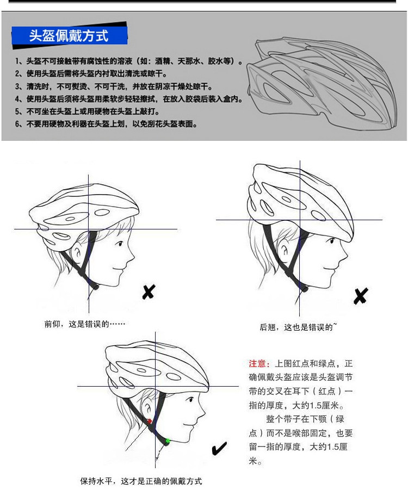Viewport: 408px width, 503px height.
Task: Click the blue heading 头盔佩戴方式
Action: (69, 36)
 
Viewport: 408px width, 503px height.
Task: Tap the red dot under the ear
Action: (150, 421)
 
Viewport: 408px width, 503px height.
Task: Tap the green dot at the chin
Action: (168, 440)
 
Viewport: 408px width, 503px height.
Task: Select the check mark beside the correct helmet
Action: (219, 449)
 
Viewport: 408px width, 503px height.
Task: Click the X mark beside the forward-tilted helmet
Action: (148, 292)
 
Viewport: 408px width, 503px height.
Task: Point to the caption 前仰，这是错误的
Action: (85, 324)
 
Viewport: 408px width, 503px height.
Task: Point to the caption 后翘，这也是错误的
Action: (298, 327)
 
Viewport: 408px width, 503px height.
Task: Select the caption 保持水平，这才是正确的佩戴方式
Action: (141, 481)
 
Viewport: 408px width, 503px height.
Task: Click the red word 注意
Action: (258, 363)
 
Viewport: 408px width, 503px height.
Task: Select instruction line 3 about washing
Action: (114, 86)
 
